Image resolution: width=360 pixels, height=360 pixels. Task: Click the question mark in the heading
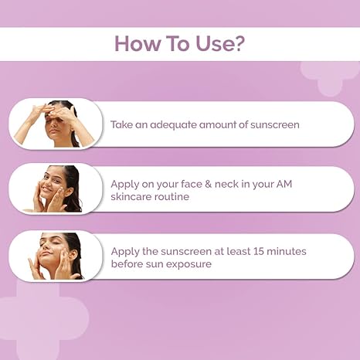click(x=240, y=43)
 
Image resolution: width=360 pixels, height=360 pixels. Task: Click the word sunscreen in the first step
click(x=272, y=124)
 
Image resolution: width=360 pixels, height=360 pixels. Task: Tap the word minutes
click(x=289, y=251)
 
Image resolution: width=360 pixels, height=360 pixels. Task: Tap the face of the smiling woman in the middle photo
click(x=53, y=186)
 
